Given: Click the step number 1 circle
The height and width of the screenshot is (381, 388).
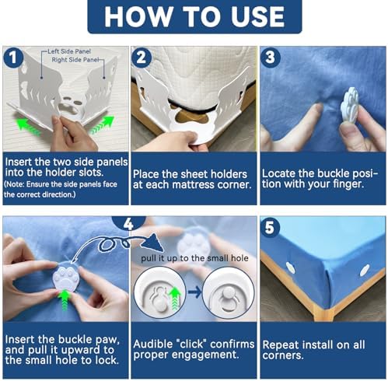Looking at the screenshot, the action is click(14, 58).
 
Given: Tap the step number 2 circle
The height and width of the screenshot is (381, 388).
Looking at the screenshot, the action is click(142, 58).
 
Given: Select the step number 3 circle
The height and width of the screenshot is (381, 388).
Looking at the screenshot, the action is click(271, 58).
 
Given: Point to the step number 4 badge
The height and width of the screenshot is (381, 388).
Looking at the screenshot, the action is click(128, 223).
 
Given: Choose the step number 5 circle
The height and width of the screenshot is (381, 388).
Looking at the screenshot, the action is click(270, 228).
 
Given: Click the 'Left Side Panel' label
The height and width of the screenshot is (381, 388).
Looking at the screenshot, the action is click(69, 51).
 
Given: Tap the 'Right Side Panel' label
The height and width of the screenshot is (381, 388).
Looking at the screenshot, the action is click(75, 60).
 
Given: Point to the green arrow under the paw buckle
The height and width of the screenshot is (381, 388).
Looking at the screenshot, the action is click(64, 299).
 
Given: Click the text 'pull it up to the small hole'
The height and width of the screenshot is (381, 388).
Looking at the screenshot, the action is click(194, 258).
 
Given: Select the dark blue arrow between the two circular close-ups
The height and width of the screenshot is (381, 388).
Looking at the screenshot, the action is click(195, 292).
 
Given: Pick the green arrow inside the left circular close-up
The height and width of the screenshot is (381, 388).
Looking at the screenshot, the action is click(175, 298).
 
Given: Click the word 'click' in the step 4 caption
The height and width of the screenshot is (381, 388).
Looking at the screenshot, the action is click(193, 344).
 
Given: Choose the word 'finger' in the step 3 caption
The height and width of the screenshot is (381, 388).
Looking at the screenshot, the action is click(347, 184).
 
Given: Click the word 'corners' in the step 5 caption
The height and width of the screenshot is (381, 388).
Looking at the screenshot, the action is click(282, 355).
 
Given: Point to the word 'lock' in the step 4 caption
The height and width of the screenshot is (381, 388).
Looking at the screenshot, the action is click(107, 360).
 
